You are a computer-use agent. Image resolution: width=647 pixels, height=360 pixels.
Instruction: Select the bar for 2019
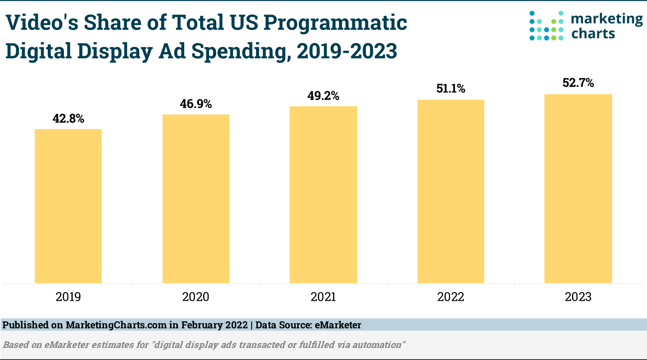coord(68,206)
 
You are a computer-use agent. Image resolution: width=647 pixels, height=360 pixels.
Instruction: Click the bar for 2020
coord(196,199)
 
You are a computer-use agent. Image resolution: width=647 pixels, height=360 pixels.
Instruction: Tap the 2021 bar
coord(323,194)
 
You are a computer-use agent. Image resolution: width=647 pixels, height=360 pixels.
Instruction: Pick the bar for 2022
coord(451,191)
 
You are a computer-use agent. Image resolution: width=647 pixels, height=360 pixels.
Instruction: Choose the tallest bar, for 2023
coord(578,188)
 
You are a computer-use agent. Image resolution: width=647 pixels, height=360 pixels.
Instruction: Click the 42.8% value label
coord(69,118)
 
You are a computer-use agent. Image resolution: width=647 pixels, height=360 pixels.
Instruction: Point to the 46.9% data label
coord(196,104)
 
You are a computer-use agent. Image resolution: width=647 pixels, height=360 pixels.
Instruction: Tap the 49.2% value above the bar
coord(323,96)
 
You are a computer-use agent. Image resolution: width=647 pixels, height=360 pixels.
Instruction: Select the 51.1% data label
coord(451,88)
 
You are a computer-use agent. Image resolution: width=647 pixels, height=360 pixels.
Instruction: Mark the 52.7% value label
coord(578,83)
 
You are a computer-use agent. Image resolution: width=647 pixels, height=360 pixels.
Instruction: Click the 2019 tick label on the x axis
coord(68,297)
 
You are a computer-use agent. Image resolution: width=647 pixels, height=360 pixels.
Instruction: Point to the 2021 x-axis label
coord(323,297)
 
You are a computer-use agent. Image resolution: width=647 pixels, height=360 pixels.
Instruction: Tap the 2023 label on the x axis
coord(578,297)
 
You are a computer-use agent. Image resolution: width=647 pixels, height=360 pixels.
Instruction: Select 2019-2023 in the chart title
coord(347,51)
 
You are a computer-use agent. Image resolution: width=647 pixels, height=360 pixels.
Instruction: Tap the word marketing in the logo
coord(607,19)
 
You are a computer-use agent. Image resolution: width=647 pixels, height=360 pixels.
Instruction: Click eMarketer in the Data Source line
coord(338,325)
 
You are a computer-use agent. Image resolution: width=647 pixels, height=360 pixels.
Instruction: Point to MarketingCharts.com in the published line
coord(116,325)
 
